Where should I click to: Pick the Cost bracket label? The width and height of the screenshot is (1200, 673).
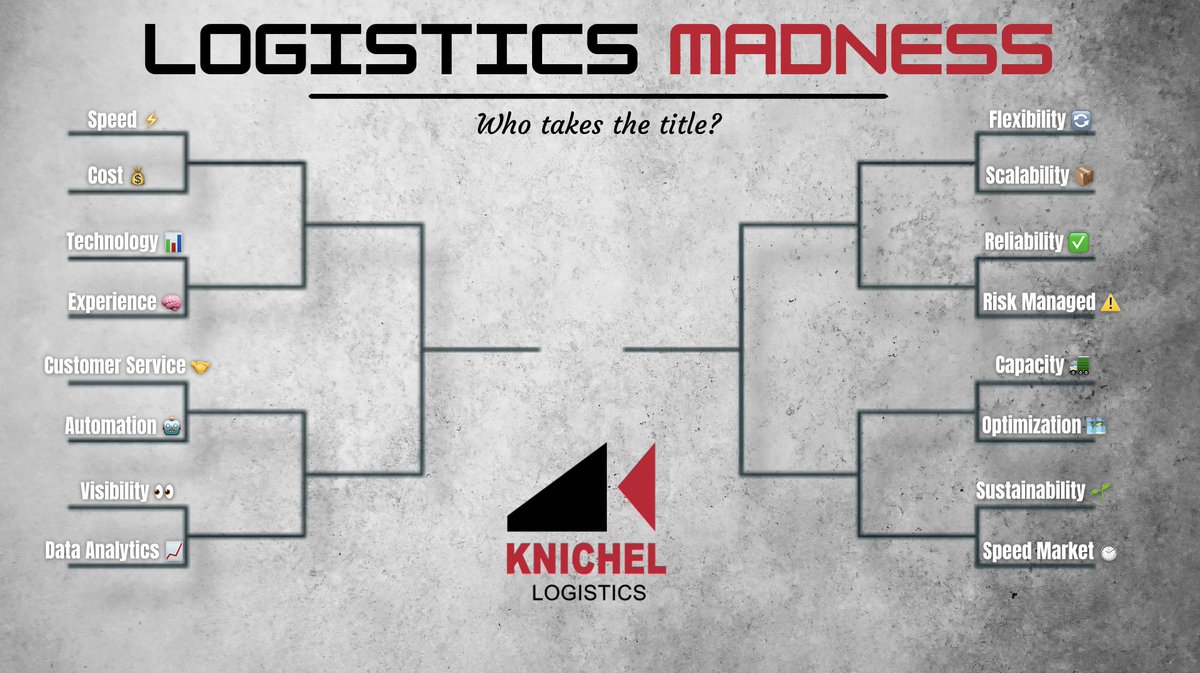tap(106, 176)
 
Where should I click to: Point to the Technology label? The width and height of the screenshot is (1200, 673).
tap(112, 242)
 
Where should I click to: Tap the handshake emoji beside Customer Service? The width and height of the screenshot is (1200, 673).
tap(200, 367)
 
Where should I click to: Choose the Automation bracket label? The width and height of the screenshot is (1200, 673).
tap(111, 426)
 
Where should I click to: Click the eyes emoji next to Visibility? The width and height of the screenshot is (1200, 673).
tap(164, 492)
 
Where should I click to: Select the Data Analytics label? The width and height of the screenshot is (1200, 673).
tap(102, 551)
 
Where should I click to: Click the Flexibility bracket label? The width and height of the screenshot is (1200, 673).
tap(1027, 120)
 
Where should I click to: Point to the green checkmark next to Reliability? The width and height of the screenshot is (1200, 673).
tap(1078, 243)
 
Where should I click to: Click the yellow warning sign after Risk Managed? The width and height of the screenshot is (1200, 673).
tap(1110, 303)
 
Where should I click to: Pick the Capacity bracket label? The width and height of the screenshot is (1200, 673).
tap(1030, 365)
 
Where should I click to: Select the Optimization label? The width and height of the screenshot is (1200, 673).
tap(1031, 426)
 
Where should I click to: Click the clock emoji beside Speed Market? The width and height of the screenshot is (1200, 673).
tap(1107, 552)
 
